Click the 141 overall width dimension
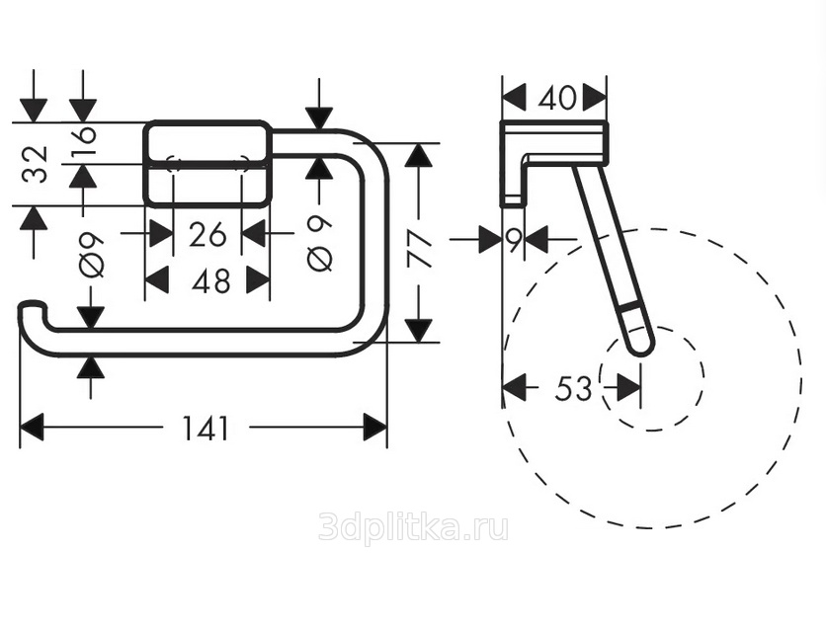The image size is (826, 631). tap(206, 428)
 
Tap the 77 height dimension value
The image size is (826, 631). tap(420, 251)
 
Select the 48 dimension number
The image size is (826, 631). tap(210, 281)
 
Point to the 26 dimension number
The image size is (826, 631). tap(207, 234)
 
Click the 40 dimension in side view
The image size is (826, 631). tap(557, 98)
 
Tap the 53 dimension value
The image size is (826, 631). tap(573, 389)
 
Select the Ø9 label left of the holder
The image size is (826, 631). tap(92, 255)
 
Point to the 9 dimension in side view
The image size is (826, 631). tap(514, 240)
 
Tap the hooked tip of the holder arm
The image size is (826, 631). tap(31, 307)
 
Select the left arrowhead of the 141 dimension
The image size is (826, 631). tap(31, 427)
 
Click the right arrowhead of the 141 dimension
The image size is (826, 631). tap(375, 427)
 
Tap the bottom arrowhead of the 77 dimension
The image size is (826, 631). tap(419, 331)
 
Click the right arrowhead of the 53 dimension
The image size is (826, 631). tap(629, 389)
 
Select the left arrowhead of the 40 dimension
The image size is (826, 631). tap(514, 98)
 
